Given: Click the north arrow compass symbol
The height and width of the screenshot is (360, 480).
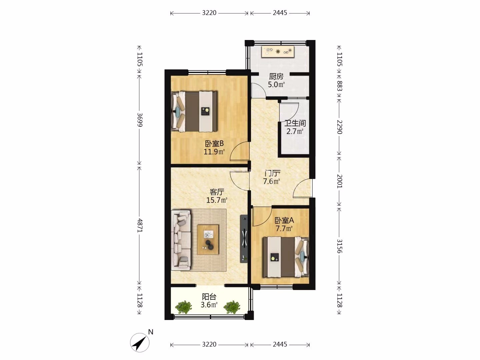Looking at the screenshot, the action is [140, 342].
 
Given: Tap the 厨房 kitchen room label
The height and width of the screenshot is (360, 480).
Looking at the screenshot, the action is [276, 77].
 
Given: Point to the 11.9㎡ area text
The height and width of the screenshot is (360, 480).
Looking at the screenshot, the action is [214, 151].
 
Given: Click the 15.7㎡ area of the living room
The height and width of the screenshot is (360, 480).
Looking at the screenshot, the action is [217, 200].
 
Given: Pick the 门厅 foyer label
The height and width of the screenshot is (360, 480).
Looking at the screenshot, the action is [272, 173].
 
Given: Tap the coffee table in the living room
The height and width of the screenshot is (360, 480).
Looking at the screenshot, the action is [208, 240].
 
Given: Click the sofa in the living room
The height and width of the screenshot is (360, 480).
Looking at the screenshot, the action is [181, 240].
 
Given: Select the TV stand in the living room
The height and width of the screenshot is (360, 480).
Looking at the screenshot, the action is [244, 239].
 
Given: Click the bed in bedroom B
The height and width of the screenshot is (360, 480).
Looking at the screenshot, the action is [194, 111].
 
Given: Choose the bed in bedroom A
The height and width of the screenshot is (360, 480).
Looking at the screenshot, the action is [286, 257].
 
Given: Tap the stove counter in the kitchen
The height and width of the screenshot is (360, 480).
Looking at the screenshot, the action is [278, 52].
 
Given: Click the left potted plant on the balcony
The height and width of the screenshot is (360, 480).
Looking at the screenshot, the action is [183, 307].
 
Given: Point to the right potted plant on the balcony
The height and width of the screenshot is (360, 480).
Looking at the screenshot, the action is [232, 307].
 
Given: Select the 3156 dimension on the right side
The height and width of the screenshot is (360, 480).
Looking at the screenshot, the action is [339, 246].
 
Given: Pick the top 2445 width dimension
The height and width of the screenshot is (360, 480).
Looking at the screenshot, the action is [280, 13].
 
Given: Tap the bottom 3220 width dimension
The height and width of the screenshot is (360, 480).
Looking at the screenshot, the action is [209, 344].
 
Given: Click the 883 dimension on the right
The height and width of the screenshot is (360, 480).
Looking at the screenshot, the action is [339, 86].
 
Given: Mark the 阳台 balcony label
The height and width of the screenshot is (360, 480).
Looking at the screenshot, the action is [209, 297].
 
